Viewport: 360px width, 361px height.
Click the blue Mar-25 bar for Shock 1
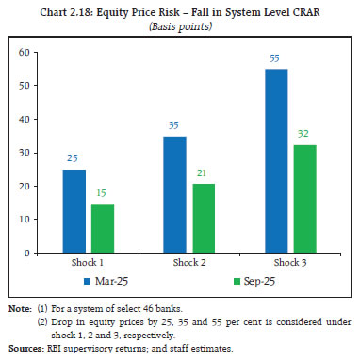coord(74,211)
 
